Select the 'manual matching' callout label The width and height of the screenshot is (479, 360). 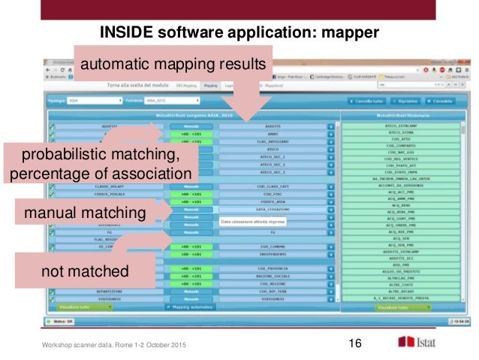coord(84,213)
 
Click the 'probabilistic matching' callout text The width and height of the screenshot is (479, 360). coord(101,156)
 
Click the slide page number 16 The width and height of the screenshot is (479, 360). coord(355,343)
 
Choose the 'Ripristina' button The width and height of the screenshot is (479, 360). coord(406,101)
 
